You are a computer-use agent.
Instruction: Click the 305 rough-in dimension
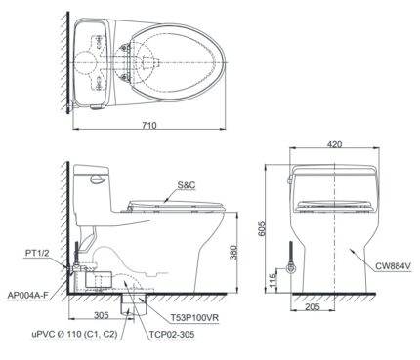click(101, 316)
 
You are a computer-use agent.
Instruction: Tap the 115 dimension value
click(276, 277)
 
